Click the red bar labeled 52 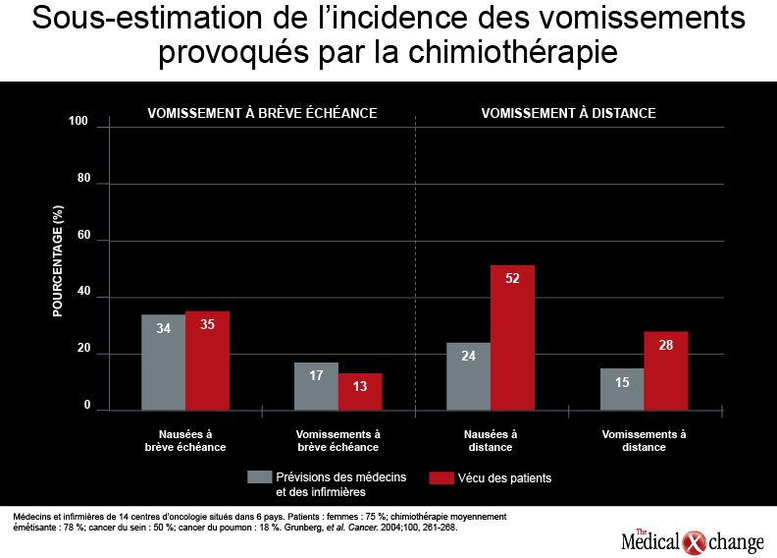pyautogui.click(x=512, y=338)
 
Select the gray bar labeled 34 pyautogui.click(x=164, y=363)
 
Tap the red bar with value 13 pyautogui.click(x=360, y=392)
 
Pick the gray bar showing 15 pyautogui.click(x=622, y=389)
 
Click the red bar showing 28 pyautogui.click(x=666, y=371)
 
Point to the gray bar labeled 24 pyautogui.click(x=468, y=376)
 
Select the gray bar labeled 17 pyautogui.click(x=316, y=386)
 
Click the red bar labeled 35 pyautogui.click(x=208, y=362)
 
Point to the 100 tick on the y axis pyautogui.click(x=78, y=121)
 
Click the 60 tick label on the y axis pyautogui.click(x=83, y=235)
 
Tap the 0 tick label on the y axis pyautogui.click(x=87, y=405)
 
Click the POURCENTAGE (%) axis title pyautogui.click(x=58, y=261)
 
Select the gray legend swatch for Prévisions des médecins pyautogui.click(x=260, y=477)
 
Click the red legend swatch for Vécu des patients pyautogui.click(x=441, y=477)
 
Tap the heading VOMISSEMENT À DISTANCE pyautogui.click(x=568, y=113)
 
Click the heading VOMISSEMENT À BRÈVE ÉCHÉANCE pyautogui.click(x=262, y=113)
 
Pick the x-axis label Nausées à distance pyautogui.click(x=491, y=440)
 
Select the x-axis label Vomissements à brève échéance pyautogui.click(x=337, y=440)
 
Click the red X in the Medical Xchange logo pyautogui.click(x=694, y=542)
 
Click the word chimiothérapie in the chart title pyautogui.click(x=513, y=52)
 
